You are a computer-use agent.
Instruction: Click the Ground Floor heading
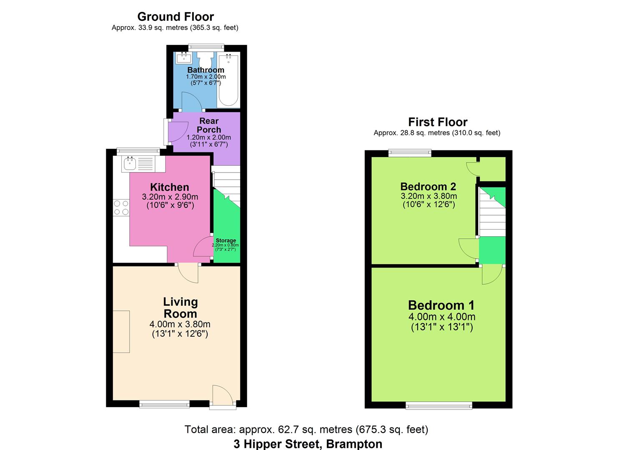pyautogui.click(x=175, y=17)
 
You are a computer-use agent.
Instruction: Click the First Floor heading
pyautogui.click(x=438, y=122)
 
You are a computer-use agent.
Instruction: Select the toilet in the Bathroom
pyautogui.click(x=205, y=58)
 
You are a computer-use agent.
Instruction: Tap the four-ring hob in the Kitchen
pyautogui.click(x=121, y=207)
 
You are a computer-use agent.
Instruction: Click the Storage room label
pyautogui.click(x=226, y=240)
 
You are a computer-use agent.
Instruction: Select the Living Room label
pyautogui.click(x=180, y=307)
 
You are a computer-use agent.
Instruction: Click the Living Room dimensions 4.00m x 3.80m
pyautogui.click(x=180, y=324)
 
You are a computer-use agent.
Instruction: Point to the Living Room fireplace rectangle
pyautogui.click(x=121, y=332)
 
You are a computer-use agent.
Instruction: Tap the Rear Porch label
pyautogui.click(x=209, y=125)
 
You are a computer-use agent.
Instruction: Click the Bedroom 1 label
pyautogui.click(x=441, y=305)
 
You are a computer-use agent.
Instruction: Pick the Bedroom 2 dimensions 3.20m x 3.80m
pyautogui.click(x=429, y=196)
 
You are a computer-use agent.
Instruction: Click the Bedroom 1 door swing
pyautogui.click(x=491, y=275)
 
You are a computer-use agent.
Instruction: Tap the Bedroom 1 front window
pyautogui.click(x=439, y=405)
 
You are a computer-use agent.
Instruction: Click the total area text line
pyautogui.click(x=306, y=429)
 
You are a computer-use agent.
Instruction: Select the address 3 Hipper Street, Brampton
pyautogui.click(x=308, y=444)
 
